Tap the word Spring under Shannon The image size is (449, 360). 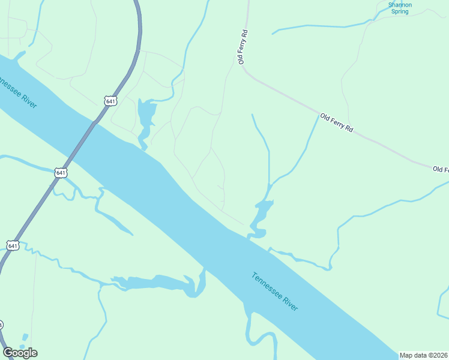(399, 11)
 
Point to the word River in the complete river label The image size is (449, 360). (291, 303)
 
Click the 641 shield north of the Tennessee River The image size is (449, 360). (110, 101)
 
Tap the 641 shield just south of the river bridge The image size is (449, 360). (61, 173)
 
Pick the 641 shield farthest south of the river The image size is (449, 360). (13, 245)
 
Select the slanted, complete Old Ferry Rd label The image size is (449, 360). (336, 123)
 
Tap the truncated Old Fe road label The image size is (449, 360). (440, 170)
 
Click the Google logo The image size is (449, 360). (20, 353)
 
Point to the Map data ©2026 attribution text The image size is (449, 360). (423, 355)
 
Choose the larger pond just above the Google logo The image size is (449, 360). (25, 338)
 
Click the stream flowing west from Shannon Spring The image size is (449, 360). (318, 26)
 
